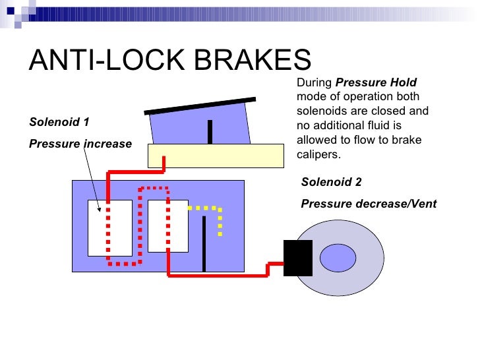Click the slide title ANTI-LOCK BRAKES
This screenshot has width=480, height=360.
(169, 60)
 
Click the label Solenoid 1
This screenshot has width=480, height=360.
(59, 122)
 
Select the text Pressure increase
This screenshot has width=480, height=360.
(80, 144)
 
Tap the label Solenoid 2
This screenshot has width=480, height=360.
(331, 183)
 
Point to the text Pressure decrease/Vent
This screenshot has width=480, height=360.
(369, 204)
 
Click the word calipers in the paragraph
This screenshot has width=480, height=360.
(318, 155)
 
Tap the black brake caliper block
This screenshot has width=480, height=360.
(297, 258)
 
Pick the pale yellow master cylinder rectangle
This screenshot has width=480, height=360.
(215, 156)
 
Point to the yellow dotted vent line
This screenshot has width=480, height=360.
(219, 218)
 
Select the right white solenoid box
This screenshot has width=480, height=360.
(168, 225)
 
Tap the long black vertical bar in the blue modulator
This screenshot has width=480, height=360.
(204, 243)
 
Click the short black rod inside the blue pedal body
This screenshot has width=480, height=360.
(210, 131)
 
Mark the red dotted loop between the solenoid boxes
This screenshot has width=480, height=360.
(140, 224)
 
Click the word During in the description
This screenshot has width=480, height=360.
(315, 83)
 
